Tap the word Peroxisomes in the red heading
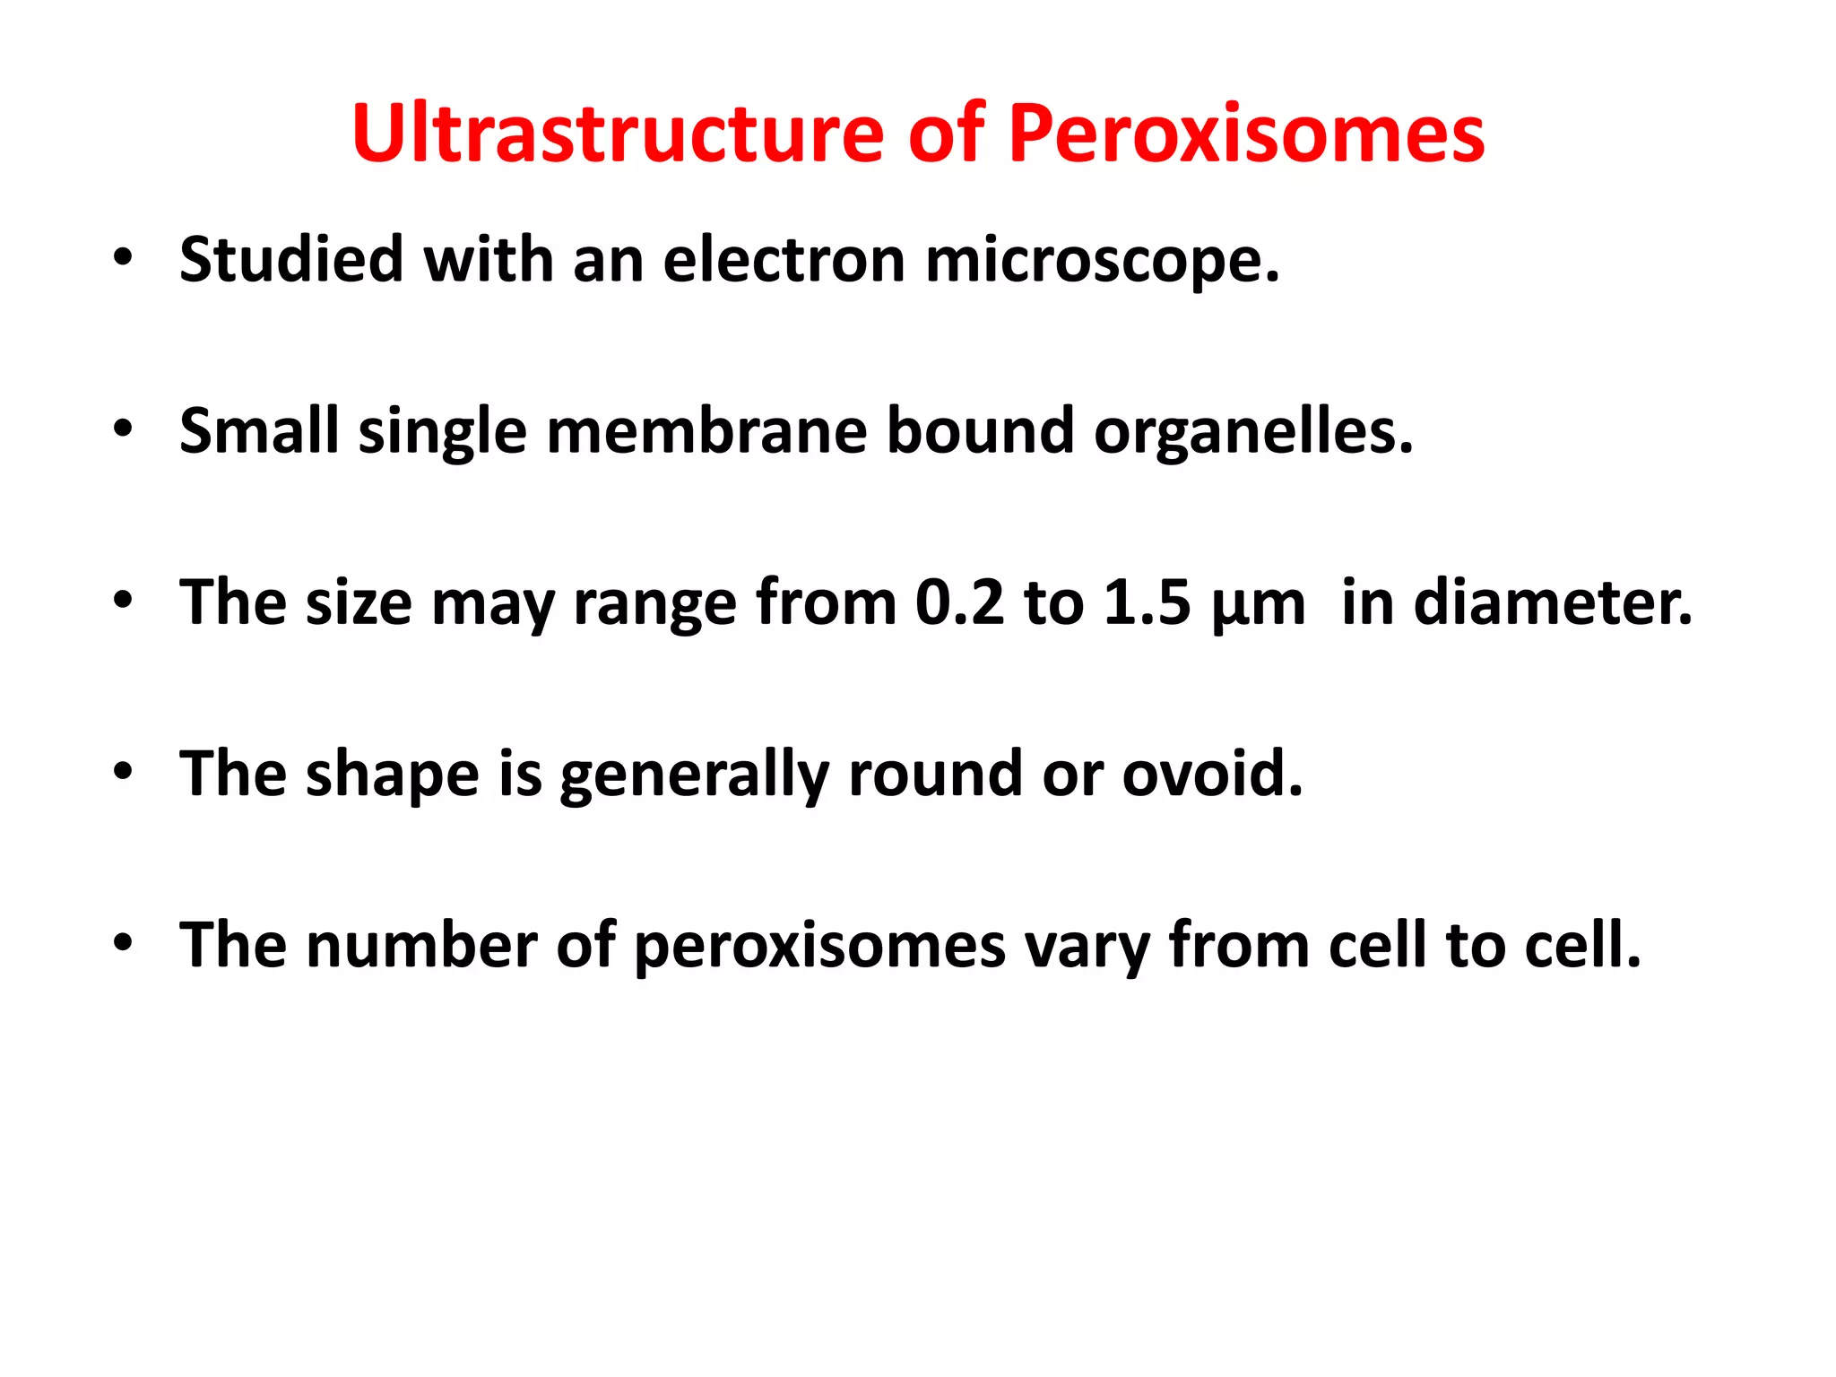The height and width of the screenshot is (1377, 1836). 1246,134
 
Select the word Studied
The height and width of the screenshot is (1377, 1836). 291,260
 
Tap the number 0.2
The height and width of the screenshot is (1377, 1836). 959,602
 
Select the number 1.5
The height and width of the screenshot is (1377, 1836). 1147,602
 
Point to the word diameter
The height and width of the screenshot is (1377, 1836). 1553,602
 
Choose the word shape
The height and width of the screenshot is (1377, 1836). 393,775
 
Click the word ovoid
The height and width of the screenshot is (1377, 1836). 1212,774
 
